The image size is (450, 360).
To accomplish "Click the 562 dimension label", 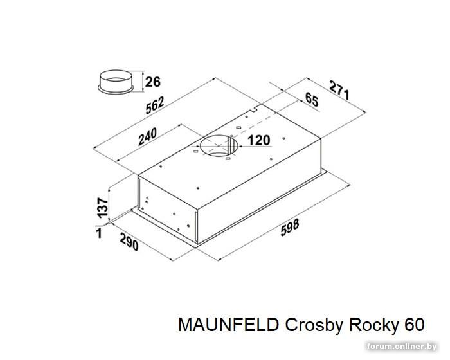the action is [155, 105].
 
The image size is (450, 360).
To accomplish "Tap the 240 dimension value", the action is [148, 136].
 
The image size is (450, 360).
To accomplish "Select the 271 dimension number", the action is [339, 90].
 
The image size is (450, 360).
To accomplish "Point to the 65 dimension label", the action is [312, 100].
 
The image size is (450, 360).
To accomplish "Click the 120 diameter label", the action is [258, 140].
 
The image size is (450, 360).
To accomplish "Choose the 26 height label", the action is [153, 82].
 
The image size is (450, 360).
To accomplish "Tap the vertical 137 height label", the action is [102, 207].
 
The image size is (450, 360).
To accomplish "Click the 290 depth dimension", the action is [129, 242].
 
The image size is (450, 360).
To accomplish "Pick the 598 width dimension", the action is [290, 227].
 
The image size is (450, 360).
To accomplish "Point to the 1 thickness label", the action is [99, 233].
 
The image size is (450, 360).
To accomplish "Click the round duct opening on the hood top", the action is [219, 145].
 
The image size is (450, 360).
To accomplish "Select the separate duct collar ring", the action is [116, 82].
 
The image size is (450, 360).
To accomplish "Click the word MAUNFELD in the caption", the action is [229, 325].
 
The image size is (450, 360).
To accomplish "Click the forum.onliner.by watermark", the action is [402, 346].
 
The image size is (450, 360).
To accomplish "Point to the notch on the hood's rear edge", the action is [253, 109].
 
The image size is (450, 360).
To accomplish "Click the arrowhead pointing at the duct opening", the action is [241, 146].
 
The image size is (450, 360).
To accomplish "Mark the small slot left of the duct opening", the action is [196, 151].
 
